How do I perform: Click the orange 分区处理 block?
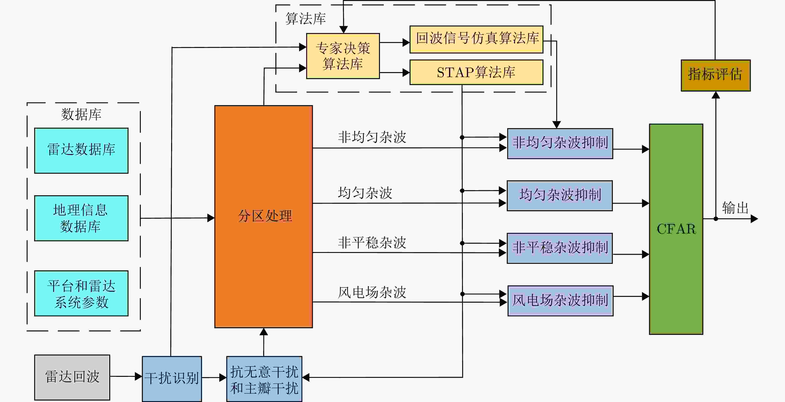[x=264, y=216]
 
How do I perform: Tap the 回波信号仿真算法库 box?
[x=476, y=39]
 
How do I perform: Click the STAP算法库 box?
[x=476, y=72]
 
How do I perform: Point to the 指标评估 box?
[x=715, y=75]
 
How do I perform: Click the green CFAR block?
[x=676, y=229]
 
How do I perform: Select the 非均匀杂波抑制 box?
[x=560, y=143]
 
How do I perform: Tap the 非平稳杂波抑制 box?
[x=559, y=248]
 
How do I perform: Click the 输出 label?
[x=735, y=208]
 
